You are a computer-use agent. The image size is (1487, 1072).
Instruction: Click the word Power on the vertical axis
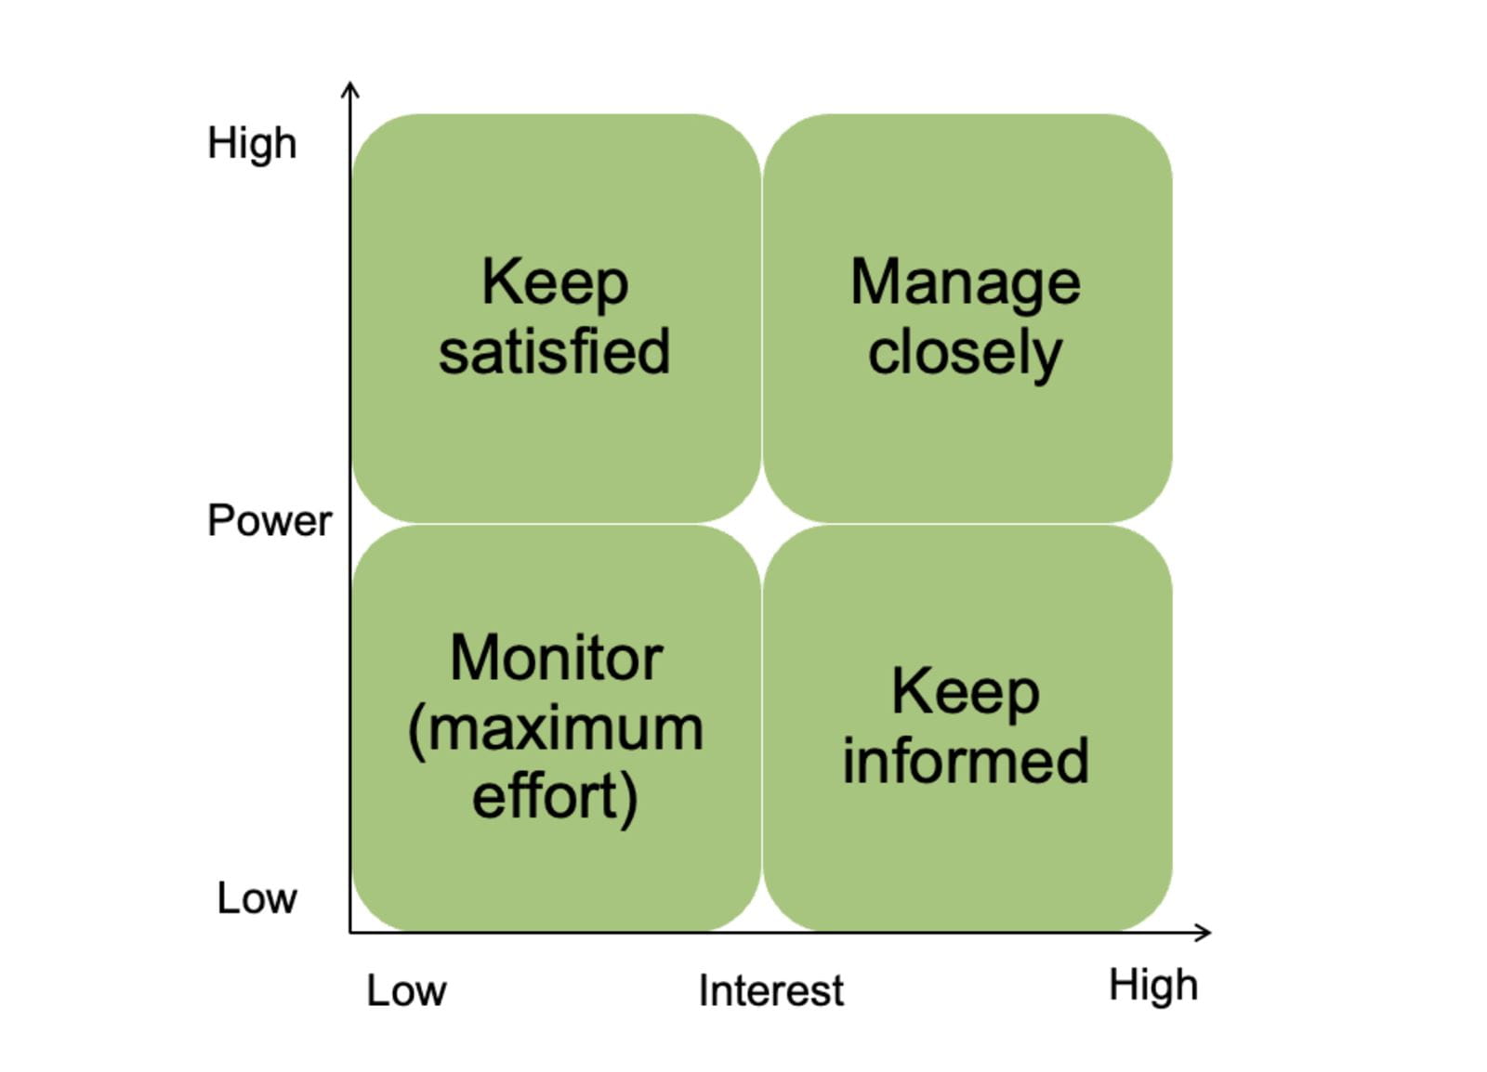(x=269, y=520)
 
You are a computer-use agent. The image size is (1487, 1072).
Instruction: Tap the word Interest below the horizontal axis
(x=770, y=990)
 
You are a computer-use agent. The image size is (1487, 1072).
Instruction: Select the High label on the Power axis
(x=252, y=144)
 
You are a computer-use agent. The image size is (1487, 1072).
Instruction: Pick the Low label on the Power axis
(x=257, y=898)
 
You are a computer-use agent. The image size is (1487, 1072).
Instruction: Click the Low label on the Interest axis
(x=406, y=990)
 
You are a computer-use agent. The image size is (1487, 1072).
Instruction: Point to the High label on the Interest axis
(x=1152, y=985)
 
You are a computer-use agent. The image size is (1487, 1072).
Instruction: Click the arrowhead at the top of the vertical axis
(x=349, y=87)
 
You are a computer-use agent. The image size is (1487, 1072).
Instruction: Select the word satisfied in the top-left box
(x=554, y=352)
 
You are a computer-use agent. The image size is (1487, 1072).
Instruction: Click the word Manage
(x=965, y=282)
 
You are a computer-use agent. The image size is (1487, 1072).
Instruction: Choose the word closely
(x=965, y=353)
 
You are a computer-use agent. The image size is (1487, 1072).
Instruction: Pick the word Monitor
(x=556, y=659)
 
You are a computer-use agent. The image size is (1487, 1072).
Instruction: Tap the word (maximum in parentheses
(x=556, y=729)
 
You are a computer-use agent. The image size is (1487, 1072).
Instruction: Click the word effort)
(x=555, y=797)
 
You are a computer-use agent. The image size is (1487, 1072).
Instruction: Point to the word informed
(x=965, y=761)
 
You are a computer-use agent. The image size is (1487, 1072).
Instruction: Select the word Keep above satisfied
(x=555, y=282)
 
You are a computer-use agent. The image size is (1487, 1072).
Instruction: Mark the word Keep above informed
(x=965, y=692)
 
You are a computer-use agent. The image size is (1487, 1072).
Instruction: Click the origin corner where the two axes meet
(x=350, y=932)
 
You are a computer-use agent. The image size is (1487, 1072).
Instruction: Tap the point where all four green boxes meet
(x=762, y=524)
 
